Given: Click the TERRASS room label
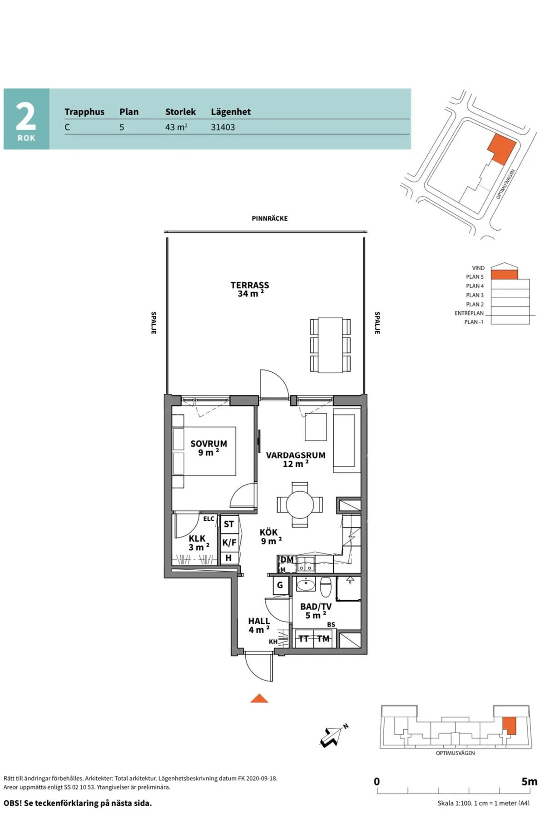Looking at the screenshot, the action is pos(250,285).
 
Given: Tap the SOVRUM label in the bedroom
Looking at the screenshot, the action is pos(209,444).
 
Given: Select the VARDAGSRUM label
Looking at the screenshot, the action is pos(296,455).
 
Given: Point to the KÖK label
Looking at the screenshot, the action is pos(269,532).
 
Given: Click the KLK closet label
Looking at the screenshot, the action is pos(197,538).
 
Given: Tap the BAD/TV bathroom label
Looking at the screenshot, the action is pos(316,607).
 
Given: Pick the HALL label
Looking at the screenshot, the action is pos(259,621).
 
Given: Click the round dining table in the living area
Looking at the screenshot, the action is pos(300,504).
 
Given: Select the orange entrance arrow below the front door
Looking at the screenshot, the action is pos(259,698).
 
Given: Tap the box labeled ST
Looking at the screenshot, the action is pos(229,524).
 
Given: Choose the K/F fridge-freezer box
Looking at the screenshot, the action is pos(229,542).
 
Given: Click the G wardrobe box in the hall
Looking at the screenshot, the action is pos(280,585).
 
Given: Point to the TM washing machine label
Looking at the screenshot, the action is pos(323,639).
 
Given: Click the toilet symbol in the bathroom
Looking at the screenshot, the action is pos(326,587).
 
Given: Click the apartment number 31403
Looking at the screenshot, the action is pos(223,127).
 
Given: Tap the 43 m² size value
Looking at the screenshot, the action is pos(176,127).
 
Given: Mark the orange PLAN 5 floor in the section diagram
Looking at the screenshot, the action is pos(505,274).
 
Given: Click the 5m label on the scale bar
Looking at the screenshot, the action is pos(530,781).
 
